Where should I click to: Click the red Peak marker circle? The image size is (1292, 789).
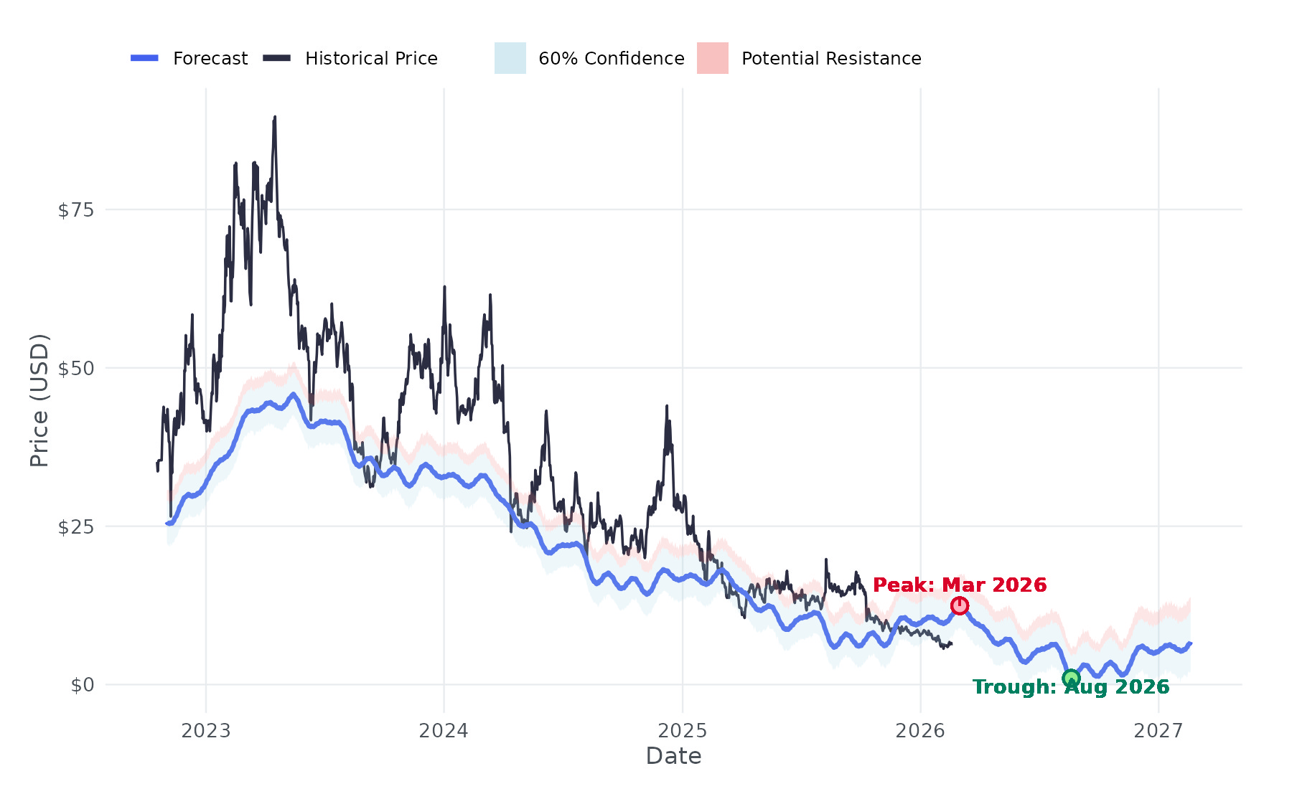(x=960, y=606)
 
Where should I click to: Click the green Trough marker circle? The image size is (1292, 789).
(x=1071, y=678)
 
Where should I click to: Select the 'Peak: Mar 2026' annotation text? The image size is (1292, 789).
(x=960, y=585)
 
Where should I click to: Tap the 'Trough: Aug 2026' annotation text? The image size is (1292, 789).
(x=1071, y=687)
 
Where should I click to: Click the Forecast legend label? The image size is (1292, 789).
(x=210, y=59)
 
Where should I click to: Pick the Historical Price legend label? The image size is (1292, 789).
(x=371, y=59)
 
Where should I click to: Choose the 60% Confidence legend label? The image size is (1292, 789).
(x=611, y=59)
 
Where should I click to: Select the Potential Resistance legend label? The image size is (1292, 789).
(x=831, y=59)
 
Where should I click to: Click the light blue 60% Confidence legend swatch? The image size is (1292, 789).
(x=510, y=58)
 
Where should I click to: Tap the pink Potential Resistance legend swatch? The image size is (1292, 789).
(x=713, y=58)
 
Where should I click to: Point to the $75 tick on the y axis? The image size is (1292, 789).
(x=76, y=210)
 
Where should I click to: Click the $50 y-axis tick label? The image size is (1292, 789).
(x=76, y=369)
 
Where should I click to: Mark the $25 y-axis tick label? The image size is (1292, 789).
(x=76, y=527)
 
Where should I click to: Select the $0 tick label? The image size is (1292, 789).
(x=83, y=685)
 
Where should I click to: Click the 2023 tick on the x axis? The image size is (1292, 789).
(x=206, y=731)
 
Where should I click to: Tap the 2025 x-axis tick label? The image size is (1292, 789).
(x=683, y=731)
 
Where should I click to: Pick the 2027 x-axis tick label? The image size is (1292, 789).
(x=1158, y=731)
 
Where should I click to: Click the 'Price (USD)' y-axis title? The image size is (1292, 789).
(x=39, y=400)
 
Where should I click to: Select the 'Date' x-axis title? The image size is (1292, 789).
(x=673, y=756)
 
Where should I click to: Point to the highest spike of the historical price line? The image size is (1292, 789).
(x=274, y=118)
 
